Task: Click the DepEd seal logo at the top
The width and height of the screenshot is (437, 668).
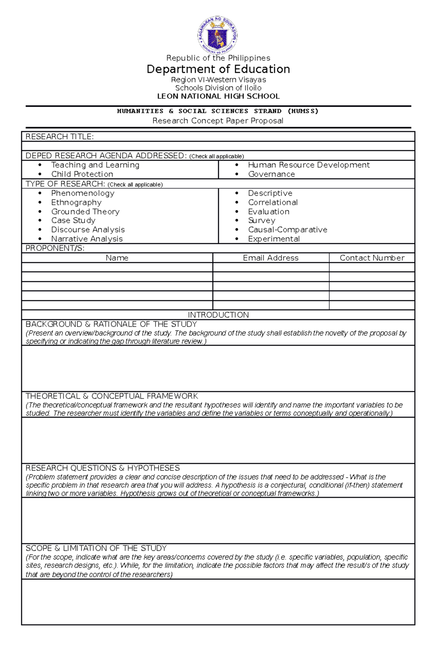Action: point(218,35)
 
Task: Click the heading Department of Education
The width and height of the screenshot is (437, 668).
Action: point(218,69)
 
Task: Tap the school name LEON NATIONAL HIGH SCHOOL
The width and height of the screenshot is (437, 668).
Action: point(218,96)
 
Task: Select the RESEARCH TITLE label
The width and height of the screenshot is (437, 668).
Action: point(60,137)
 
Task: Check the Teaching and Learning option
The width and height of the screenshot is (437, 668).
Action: point(95,165)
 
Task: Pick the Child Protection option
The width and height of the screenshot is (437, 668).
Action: point(82,174)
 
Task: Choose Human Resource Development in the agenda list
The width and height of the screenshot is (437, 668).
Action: point(308,165)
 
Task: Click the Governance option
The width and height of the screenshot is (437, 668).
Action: point(271,174)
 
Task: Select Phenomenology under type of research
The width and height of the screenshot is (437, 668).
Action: point(83,193)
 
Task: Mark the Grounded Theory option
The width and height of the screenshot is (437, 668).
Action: point(85,212)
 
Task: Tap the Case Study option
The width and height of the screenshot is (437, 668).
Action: point(73,221)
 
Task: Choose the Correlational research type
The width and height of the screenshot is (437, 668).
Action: point(273,202)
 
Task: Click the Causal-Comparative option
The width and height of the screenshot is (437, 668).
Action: point(287,230)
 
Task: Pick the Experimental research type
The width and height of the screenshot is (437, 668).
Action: point(274,239)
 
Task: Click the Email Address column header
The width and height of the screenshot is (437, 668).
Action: point(271,258)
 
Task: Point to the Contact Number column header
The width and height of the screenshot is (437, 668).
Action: point(372,258)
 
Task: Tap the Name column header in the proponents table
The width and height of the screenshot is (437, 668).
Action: point(117,258)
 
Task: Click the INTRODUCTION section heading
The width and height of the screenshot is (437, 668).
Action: point(218,315)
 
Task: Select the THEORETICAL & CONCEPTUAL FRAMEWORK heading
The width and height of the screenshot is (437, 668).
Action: point(112,396)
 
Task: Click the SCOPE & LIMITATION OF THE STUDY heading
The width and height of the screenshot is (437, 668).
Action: point(96,548)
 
